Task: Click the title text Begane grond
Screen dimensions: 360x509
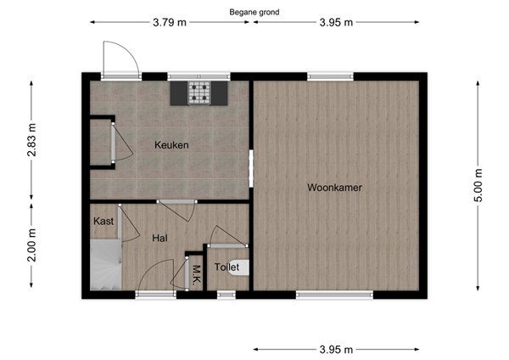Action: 255,13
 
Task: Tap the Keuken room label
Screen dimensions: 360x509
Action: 171,145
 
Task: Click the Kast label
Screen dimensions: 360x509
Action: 103,222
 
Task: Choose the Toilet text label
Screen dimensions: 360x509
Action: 227,267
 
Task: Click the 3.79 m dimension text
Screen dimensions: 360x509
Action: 170,23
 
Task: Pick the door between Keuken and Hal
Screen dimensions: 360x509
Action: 176,202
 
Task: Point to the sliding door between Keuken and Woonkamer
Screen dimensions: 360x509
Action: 250,166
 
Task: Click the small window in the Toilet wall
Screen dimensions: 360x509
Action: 226,295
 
